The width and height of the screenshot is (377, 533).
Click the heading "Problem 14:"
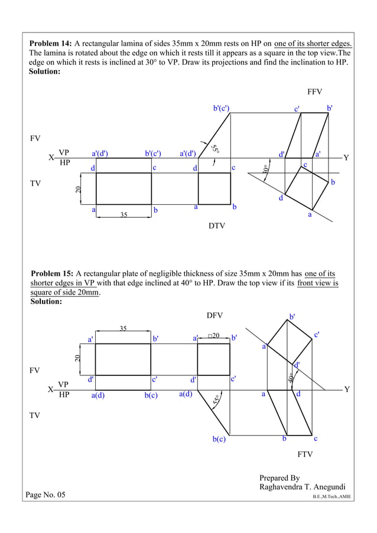(x=50, y=43)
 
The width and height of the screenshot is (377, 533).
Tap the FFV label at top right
(x=314, y=92)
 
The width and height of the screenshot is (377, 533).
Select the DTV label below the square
(x=217, y=225)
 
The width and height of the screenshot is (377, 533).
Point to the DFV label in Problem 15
(x=214, y=316)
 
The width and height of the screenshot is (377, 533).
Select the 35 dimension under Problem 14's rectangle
(x=123, y=215)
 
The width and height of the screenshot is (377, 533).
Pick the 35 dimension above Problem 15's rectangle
(x=123, y=328)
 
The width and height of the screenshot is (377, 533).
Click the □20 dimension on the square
(x=213, y=336)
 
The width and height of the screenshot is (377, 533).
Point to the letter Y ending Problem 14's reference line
(x=346, y=158)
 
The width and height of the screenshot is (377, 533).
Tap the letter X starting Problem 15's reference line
(x=51, y=390)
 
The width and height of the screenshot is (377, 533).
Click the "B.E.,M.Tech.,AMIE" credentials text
(x=331, y=497)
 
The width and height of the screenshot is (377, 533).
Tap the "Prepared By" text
(x=279, y=478)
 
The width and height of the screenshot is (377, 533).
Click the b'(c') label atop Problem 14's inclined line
(x=221, y=108)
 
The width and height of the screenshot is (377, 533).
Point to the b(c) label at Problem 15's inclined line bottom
(x=219, y=439)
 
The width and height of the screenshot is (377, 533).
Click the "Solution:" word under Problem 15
(x=46, y=302)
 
